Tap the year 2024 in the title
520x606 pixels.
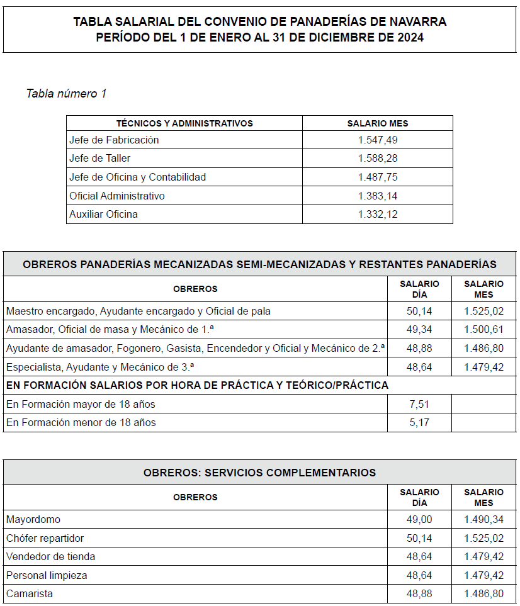(410, 37)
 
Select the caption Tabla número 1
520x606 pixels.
(66, 94)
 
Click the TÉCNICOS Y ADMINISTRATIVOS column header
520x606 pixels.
(184, 123)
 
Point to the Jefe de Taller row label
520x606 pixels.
(100, 158)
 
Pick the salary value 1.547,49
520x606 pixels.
(378, 140)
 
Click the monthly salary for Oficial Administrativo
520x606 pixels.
(378, 196)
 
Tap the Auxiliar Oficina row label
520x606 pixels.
(103, 214)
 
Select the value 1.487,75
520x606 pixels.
(378, 177)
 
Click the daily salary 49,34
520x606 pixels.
(419, 329)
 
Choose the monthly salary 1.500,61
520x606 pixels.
(484, 329)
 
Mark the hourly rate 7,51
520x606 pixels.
(419, 404)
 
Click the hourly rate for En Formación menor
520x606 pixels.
(419, 422)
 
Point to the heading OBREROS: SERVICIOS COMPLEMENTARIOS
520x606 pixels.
(259, 473)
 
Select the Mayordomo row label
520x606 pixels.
(33, 520)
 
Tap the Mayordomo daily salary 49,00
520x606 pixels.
(419, 520)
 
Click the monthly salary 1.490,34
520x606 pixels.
(484, 520)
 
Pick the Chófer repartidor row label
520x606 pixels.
(45, 538)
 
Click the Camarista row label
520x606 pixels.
(30, 593)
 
